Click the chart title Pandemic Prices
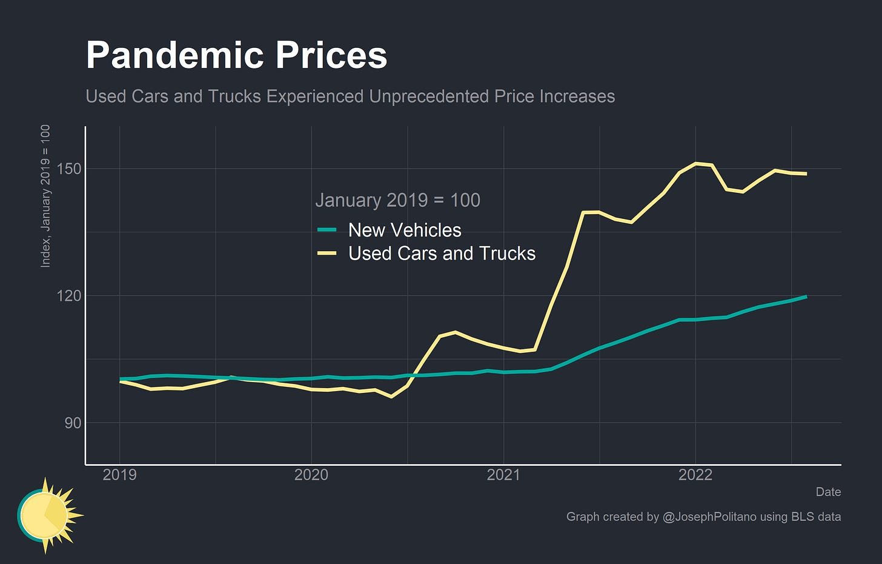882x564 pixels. [x=236, y=56]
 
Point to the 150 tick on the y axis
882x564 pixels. [x=69, y=169]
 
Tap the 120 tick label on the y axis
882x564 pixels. [x=69, y=296]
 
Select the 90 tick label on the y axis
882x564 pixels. [x=73, y=423]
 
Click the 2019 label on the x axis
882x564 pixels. [x=119, y=475]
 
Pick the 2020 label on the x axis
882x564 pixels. [x=311, y=475]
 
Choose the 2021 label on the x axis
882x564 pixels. [x=503, y=475]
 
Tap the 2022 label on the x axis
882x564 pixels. [x=695, y=475]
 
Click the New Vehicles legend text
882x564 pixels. [x=405, y=230]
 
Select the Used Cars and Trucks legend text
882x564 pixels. [x=442, y=253]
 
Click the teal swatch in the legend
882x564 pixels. [x=327, y=230]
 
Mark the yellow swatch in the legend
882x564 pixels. [x=327, y=253]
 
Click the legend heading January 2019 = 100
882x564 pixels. [x=397, y=200]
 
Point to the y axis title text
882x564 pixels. [x=45, y=196]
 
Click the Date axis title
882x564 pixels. [x=828, y=492]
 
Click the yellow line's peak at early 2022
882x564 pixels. [x=696, y=163]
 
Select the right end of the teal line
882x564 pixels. [x=806, y=297]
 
